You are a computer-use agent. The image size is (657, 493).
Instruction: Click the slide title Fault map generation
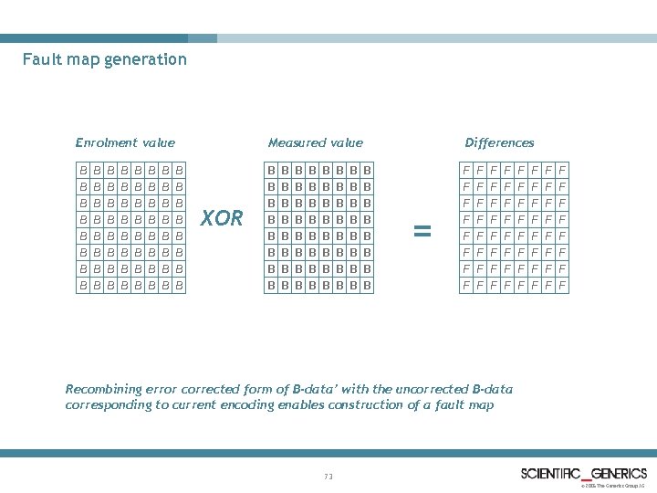tap(105, 60)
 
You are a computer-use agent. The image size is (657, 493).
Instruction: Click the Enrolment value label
tap(125, 142)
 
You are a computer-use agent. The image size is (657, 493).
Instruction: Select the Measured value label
tap(315, 142)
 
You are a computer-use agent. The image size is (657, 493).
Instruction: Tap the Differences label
tap(499, 142)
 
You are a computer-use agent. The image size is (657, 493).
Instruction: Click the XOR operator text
tap(222, 218)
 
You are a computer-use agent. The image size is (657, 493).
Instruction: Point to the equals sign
tap(422, 232)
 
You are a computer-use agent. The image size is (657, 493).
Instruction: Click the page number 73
tap(328, 476)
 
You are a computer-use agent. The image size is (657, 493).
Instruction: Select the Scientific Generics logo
tap(583, 473)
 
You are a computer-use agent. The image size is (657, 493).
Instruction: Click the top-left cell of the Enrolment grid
tap(83, 170)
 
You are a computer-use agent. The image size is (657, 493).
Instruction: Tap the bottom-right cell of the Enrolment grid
tap(180, 285)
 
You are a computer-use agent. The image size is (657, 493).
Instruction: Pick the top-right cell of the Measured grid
tap(367, 170)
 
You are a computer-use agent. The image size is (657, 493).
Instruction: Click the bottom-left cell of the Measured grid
tap(271, 285)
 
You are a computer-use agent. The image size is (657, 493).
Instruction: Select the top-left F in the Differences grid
tap(466, 170)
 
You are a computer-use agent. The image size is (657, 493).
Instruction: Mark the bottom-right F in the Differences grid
tap(562, 285)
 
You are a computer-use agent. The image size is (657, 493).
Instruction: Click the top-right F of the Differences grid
tap(562, 170)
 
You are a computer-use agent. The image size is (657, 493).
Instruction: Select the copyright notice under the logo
tap(613, 486)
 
